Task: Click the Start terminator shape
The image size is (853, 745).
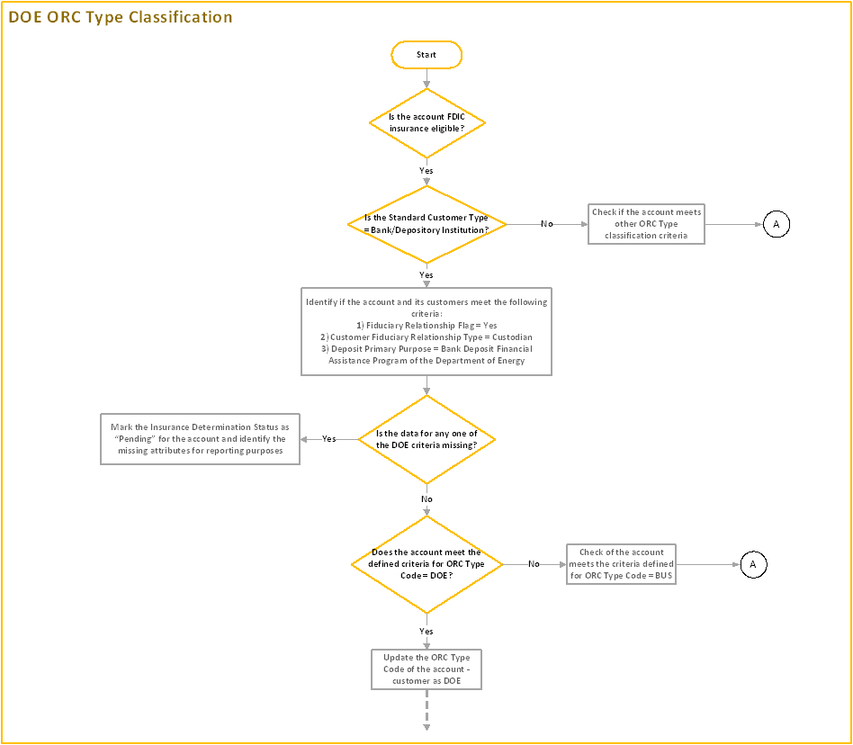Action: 426,55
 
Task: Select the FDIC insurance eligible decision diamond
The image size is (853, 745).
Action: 426,123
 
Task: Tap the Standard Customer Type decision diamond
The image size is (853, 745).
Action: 426,224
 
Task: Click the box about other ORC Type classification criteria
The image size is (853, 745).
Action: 647,224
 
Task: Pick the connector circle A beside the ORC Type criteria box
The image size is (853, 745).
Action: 776,224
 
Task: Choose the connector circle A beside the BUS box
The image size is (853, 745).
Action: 752,564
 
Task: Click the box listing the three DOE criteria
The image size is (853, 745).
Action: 426,331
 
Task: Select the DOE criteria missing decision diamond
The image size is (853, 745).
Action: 426,439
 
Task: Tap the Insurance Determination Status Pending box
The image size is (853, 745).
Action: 199,439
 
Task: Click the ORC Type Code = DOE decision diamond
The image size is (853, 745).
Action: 426,564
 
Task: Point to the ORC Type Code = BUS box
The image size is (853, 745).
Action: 622,564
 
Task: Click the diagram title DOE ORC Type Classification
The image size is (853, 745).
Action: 121,17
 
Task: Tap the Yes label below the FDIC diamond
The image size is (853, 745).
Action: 426,170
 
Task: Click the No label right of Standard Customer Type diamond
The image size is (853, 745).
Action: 547,224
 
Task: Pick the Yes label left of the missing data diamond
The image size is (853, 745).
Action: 329,439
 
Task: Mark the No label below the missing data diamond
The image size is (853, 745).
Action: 426,498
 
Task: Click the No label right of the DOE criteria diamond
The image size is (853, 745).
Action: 534,564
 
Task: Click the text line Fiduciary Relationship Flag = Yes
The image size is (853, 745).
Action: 426,326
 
